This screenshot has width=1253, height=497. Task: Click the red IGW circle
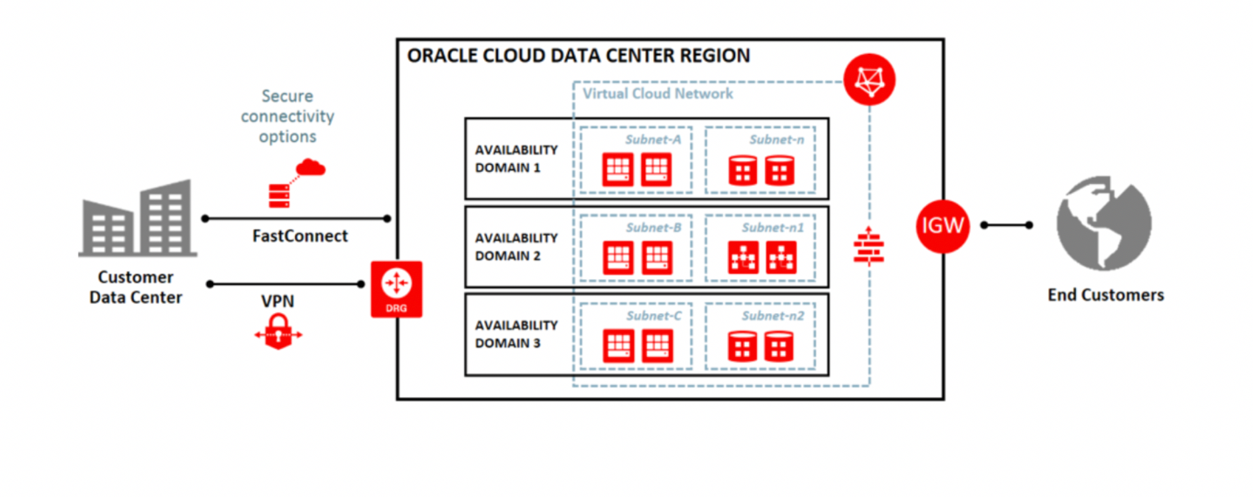pyautogui.click(x=942, y=226)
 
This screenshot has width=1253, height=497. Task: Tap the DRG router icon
pyautogui.click(x=396, y=288)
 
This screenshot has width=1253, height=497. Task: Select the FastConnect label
pyautogui.click(x=300, y=236)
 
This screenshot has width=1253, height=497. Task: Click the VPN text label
pyautogui.click(x=278, y=301)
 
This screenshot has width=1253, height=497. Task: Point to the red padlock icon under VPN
pyautogui.click(x=278, y=332)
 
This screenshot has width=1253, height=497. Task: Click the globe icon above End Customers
pyautogui.click(x=1104, y=223)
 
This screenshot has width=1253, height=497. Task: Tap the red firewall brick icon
pyautogui.click(x=868, y=247)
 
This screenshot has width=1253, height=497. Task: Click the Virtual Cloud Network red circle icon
pyautogui.click(x=869, y=80)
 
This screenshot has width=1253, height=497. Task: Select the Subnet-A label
pyautogui.click(x=652, y=140)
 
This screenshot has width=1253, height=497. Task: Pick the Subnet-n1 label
pyautogui.click(x=773, y=228)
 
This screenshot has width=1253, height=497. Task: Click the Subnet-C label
pyautogui.click(x=653, y=316)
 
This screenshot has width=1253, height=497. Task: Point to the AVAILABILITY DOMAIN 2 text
pyautogui.click(x=516, y=247)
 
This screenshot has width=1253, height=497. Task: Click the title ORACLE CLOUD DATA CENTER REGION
pyautogui.click(x=578, y=56)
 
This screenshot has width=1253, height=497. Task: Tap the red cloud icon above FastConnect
pyautogui.click(x=310, y=167)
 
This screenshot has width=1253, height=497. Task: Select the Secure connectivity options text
pyautogui.click(x=288, y=117)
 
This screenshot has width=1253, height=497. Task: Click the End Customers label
pyautogui.click(x=1105, y=295)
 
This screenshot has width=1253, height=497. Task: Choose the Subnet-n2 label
pyautogui.click(x=773, y=316)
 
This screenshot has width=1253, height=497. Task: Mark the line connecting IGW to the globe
pyautogui.click(x=1006, y=225)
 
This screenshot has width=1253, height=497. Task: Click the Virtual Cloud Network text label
pyautogui.click(x=658, y=94)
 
